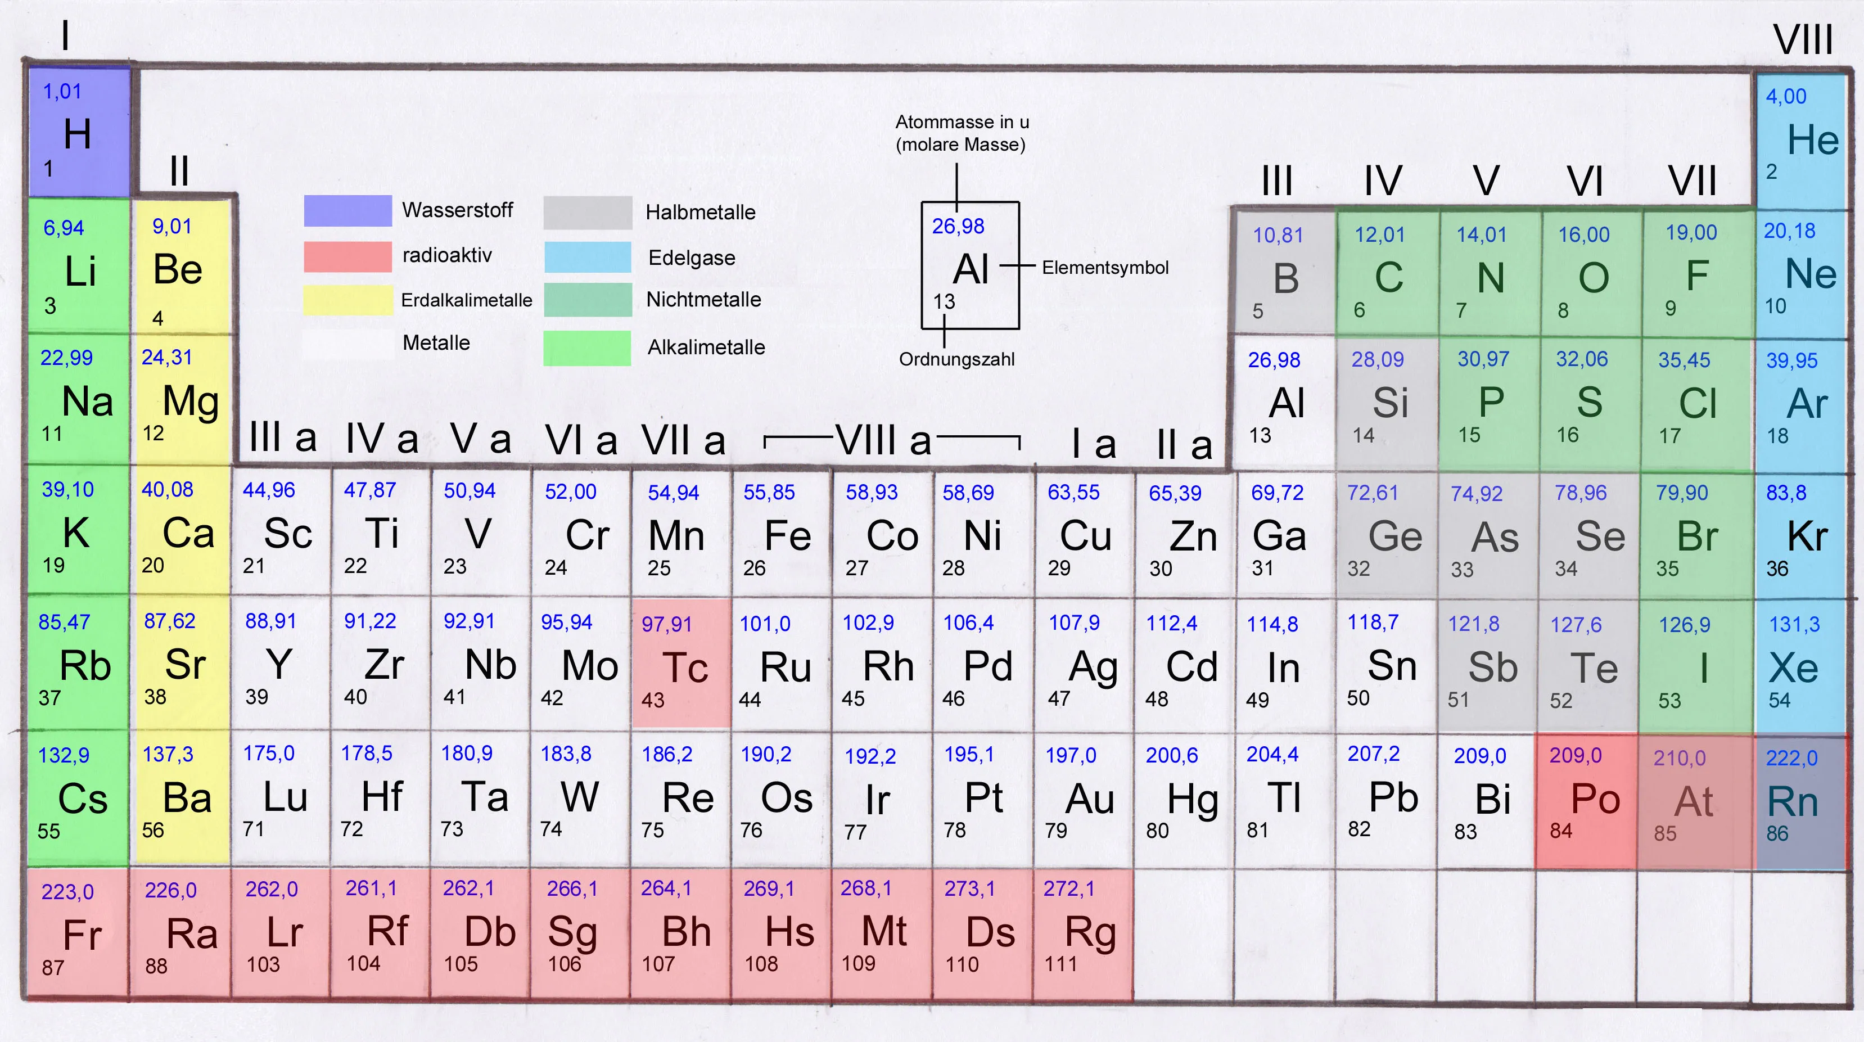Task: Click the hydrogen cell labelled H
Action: point(79,132)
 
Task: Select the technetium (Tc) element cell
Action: point(681,662)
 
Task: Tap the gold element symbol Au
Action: point(1090,799)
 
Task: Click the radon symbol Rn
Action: point(1793,802)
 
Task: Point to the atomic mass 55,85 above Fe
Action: point(769,493)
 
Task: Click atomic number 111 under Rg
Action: point(1061,964)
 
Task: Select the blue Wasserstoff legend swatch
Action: point(348,210)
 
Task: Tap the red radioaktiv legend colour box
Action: point(348,256)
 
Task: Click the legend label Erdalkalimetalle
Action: point(467,300)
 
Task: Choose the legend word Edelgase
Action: point(692,258)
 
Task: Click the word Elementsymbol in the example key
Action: point(1105,268)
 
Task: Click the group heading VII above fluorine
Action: point(1692,181)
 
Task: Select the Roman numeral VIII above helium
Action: point(1803,39)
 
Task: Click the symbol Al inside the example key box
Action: point(971,270)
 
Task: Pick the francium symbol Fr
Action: point(82,935)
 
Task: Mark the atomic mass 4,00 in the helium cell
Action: point(1786,96)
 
